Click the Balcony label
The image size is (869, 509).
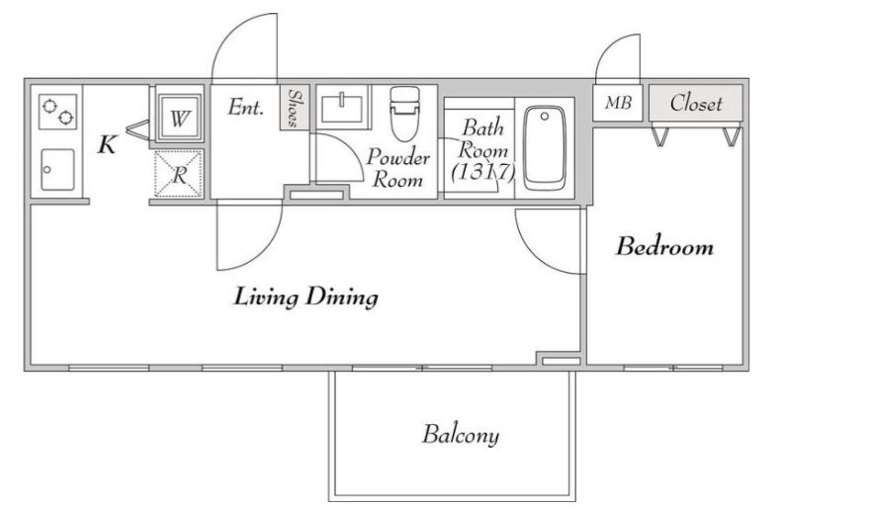click(460, 435)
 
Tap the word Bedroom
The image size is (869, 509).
click(664, 246)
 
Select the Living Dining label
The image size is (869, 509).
click(305, 297)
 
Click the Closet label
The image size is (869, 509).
click(696, 104)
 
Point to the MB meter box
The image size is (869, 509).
click(617, 103)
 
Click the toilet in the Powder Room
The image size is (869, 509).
click(404, 113)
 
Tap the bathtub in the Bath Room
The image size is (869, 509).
click(545, 148)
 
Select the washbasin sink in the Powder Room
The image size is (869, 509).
click(342, 107)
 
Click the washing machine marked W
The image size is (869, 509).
click(180, 117)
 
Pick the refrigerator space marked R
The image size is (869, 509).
click(179, 173)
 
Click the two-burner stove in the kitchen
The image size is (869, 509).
click(57, 112)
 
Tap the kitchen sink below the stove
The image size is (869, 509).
click(57, 169)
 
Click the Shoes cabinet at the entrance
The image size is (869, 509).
click(295, 108)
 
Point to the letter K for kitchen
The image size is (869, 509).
click(107, 144)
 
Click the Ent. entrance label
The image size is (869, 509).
click(245, 107)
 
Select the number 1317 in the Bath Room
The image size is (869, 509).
click(483, 172)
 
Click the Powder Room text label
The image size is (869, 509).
click(397, 168)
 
